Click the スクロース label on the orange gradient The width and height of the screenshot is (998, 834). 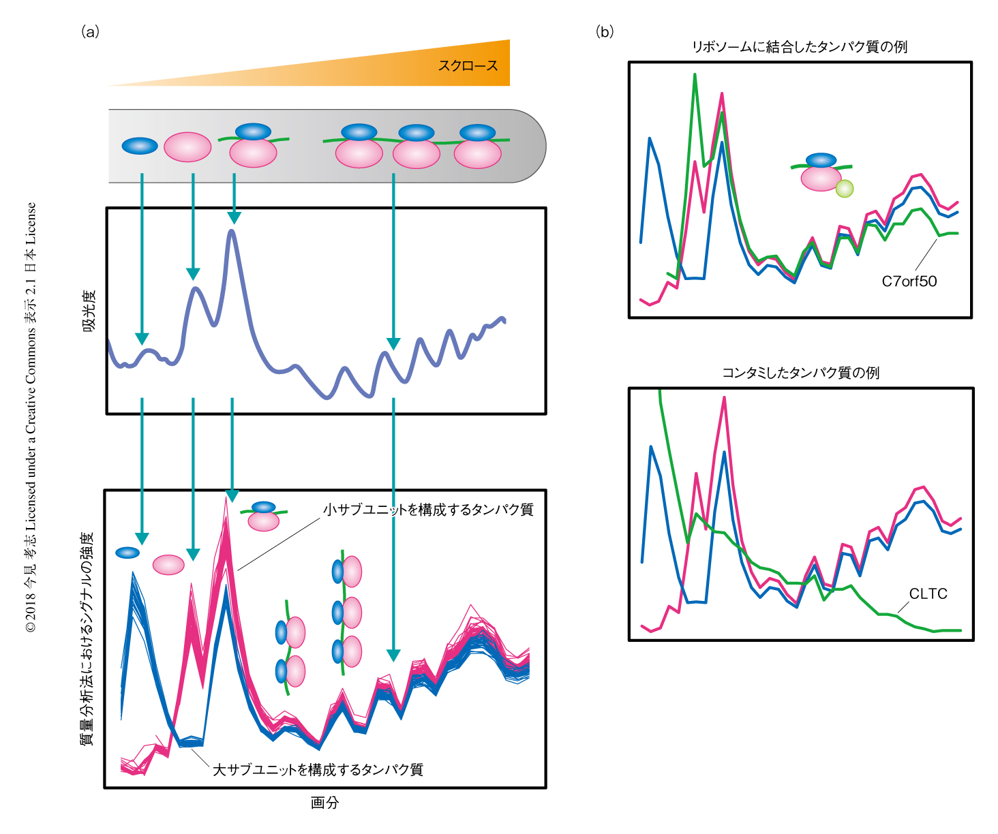[468, 66]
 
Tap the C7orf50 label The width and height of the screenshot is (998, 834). [909, 281]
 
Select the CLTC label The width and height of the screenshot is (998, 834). [928, 594]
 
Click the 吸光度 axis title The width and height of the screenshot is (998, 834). [89, 311]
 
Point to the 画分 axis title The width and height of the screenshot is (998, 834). [324, 803]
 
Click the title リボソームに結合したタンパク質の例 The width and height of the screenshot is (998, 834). [800, 47]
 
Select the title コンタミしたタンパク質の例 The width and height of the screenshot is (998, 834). [800, 373]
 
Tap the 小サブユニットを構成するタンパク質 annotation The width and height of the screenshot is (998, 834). [428, 510]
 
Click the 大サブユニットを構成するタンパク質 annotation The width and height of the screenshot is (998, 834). [318, 770]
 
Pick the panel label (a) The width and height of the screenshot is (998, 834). [90, 31]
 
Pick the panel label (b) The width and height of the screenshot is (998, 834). [605, 31]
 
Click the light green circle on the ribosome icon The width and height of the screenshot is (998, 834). [844, 189]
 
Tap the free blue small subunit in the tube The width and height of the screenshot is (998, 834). [140, 146]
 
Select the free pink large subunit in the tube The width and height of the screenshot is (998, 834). [187, 147]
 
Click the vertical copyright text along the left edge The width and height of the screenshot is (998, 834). [31, 417]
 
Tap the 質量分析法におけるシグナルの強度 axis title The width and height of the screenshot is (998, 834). [87, 638]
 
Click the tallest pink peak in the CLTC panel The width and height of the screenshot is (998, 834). [724, 398]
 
